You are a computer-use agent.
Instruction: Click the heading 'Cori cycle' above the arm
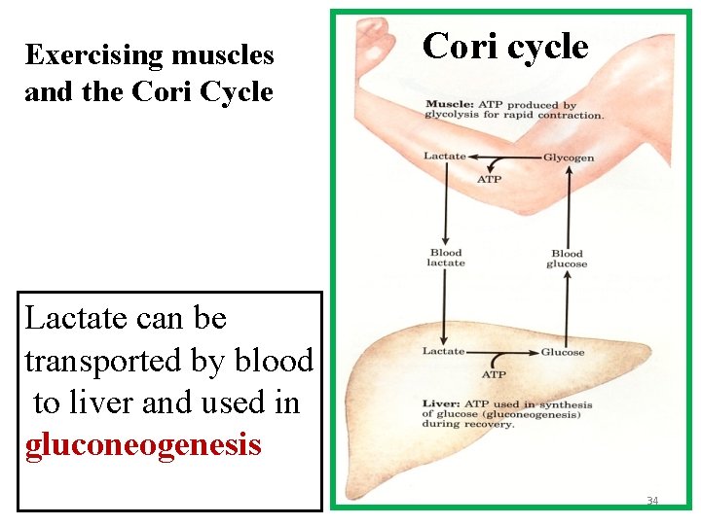point(505,46)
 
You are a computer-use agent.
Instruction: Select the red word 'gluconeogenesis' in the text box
point(143,444)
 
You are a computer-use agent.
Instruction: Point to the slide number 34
point(652,501)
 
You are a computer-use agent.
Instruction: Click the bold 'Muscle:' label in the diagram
point(447,105)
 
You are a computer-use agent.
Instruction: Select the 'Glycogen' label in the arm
point(568,157)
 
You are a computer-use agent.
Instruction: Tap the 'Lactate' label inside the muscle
point(444,157)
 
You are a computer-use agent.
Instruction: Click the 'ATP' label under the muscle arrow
point(489,179)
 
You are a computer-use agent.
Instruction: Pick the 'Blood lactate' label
point(446,258)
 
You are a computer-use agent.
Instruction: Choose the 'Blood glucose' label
point(567,259)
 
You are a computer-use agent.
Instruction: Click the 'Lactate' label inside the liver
point(444,351)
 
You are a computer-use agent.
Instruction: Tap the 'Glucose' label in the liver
point(563,352)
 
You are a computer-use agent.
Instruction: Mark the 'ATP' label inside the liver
point(494,374)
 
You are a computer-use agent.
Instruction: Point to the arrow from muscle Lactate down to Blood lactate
point(445,204)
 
